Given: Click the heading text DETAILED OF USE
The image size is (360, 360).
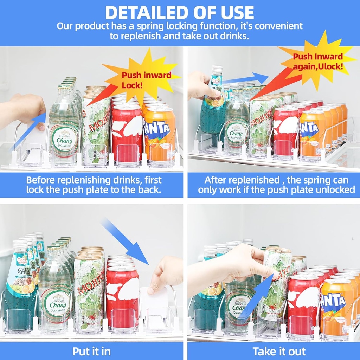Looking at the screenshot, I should [x=180, y=12].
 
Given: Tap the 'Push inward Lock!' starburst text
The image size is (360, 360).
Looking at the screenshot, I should [x=146, y=80].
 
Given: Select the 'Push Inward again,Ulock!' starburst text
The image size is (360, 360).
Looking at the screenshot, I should [x=318, y=62].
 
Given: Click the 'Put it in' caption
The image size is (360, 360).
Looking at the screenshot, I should [x=91, y=351].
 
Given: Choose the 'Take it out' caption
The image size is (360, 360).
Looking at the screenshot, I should [x=279, y=351].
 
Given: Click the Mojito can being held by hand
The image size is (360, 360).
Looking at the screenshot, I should [x=278, y=281].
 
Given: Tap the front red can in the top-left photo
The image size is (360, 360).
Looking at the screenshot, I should [x=127, y=135].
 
